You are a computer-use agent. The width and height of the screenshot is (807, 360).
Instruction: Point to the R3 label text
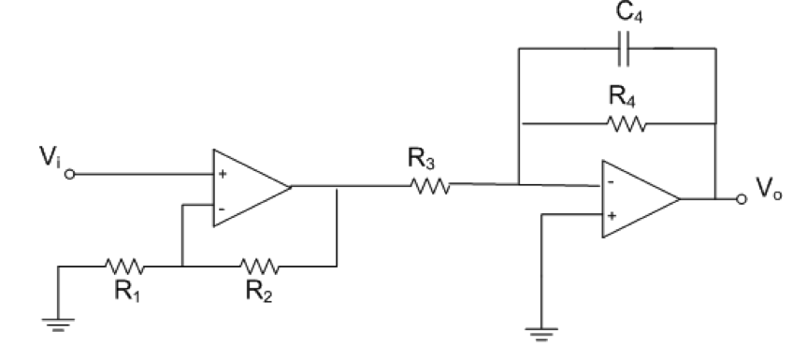click(x=420, y=161)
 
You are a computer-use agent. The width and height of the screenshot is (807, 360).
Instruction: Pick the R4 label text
click(x=619, y=95)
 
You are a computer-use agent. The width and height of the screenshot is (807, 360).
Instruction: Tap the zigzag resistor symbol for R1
click(x=122, y=266)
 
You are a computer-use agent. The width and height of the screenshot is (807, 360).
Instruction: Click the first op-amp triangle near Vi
click(x=246, y=187)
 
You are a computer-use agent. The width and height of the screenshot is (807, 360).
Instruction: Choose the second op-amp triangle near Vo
click(x=636, y=199)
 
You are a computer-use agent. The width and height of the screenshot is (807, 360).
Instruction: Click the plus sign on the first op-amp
click(x=222, y=175)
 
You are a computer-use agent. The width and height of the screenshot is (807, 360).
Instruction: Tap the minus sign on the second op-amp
click(x=611, y=184)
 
